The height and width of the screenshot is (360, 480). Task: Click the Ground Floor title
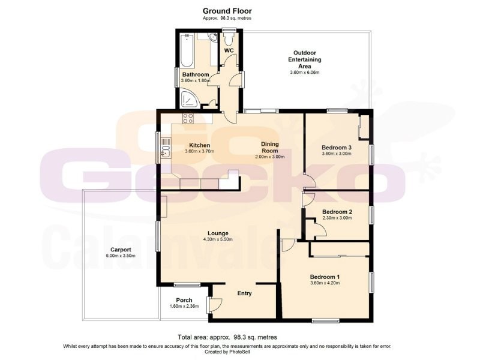[x=227, y=10]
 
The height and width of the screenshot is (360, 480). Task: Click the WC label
[x=229, y=51]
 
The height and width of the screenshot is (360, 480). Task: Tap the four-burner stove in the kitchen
[x=188, y=118]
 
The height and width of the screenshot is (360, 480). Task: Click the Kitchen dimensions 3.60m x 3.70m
[x=199, y=152]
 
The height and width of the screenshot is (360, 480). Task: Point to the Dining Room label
[x=269, y=147]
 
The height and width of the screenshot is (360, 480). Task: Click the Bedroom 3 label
[x=336, y=147]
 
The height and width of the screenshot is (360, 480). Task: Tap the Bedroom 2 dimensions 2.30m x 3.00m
[x=336, y=218]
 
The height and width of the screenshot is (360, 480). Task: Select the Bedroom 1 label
[x=325, y=276]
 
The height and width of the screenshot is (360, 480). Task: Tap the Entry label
[x=244, y=293]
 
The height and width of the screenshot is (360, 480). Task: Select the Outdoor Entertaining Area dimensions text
[x=304, y=73]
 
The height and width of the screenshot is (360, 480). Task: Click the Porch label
[x=184, y=300]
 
